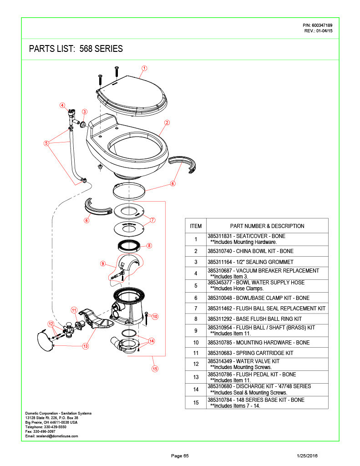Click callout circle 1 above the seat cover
[x=144, y=68]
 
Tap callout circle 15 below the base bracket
[x=155, y=369]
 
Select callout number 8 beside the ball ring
[x=149, y=245]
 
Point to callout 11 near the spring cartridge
[x=74, y=310]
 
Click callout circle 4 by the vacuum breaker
[x=62, y=105]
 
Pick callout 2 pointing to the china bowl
[x=167, y=122]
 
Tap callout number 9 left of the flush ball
[x=103, y=263]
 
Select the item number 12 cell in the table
[x=196, y=364]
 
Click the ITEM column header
[x=196, y=226]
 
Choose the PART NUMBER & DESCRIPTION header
[x=267, y=226]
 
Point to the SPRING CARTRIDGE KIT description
[x=264, y=353]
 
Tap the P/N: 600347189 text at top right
[x=318, y=25]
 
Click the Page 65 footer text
[x=180, y=456]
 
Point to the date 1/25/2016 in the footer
[x=307, y=456]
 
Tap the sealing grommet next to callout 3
[x=83, y=124]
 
